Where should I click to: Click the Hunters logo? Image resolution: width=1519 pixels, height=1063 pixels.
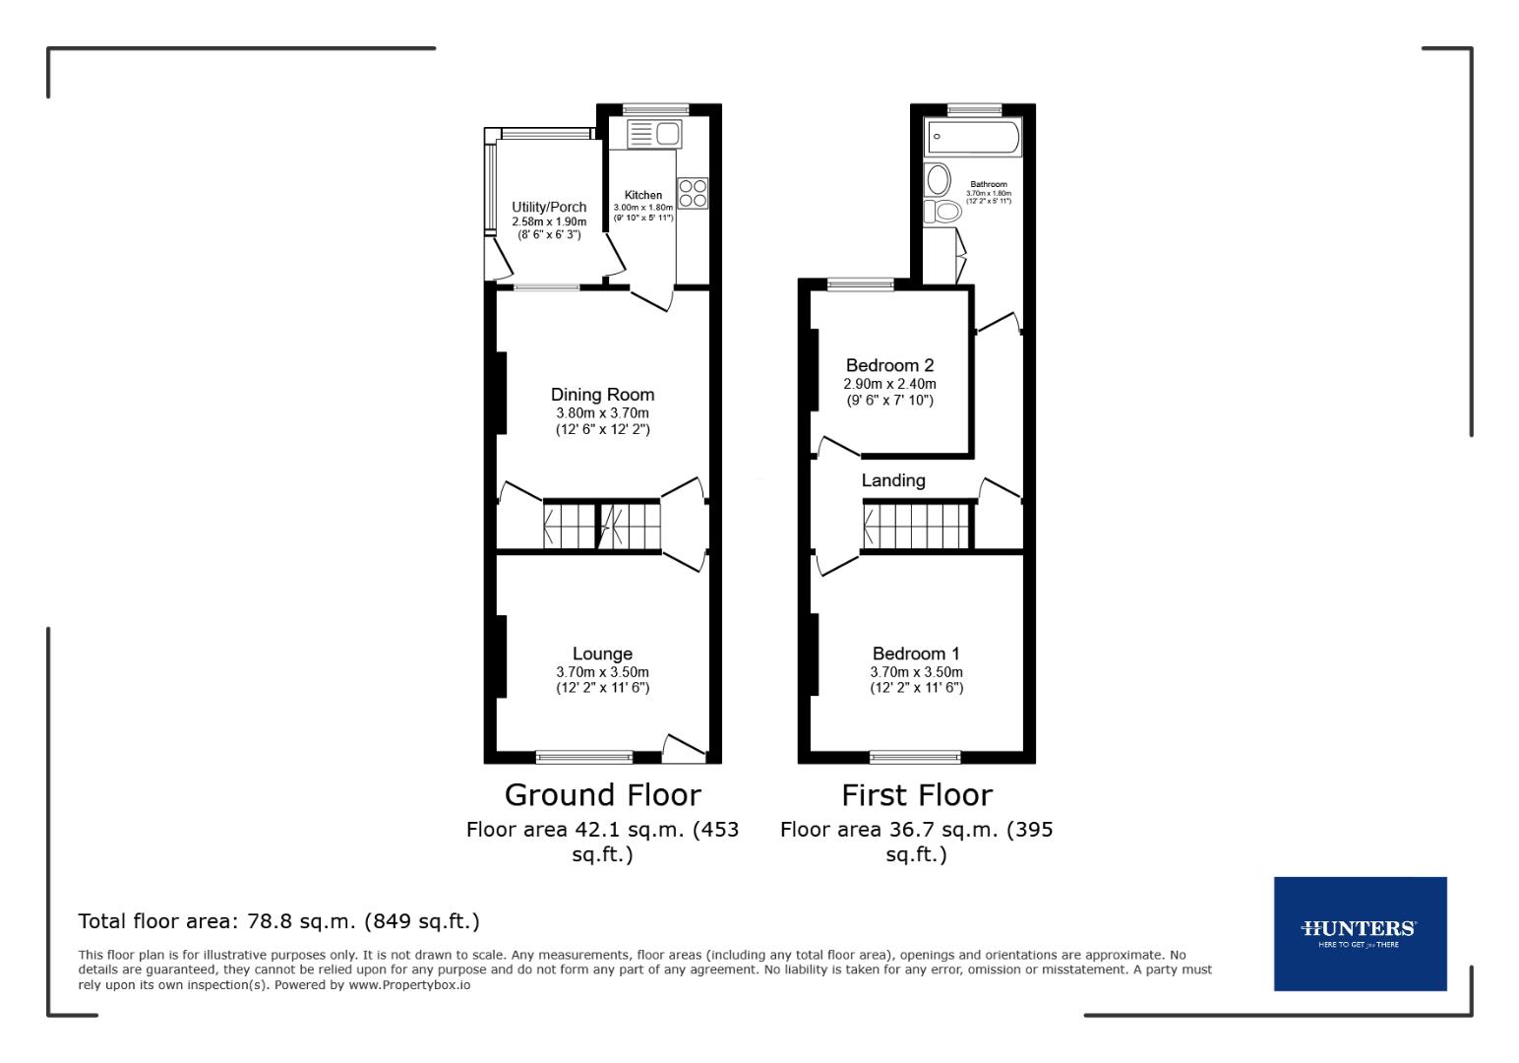[1359, 932]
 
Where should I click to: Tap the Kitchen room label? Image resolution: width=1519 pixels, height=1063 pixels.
[643, 195]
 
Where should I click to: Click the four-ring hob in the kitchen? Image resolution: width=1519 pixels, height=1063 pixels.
[692, 193]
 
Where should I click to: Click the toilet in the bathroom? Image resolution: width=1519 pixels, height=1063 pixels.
[943, 211]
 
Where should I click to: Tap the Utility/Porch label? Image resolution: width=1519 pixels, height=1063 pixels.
[549, 207]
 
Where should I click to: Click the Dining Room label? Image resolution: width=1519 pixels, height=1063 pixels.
[602, 395]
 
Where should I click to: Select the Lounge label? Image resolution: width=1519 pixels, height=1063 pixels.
[602, 654]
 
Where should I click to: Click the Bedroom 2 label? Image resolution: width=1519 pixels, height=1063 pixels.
[889, 365]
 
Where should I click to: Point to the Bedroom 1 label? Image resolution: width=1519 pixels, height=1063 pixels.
[916, 654]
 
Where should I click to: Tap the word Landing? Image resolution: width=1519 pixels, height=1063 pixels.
[893, 480]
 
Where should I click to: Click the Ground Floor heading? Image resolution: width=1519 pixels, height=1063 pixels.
[602, 794]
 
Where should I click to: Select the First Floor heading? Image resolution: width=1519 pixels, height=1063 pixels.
[917, 794]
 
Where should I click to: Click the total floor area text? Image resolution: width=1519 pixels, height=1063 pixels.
[278, 921]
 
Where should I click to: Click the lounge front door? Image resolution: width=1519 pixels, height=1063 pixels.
[685, 750]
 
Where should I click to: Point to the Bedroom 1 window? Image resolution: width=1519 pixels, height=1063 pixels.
[915, 756]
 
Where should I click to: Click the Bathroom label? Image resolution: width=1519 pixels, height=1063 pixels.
[989, 184]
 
